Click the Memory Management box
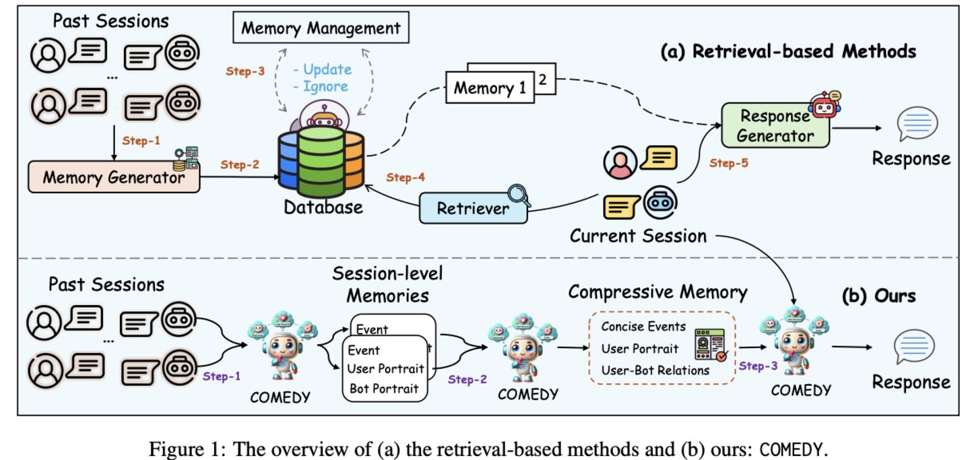pos(320,28)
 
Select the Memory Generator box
pos(114,178)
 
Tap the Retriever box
pos(473,208)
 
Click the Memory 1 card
pos(490,88)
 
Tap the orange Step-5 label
pos(729,162)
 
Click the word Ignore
pos(325,86)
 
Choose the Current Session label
pos(638,236)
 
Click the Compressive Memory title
pos(657,292)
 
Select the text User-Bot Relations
pos(655,370)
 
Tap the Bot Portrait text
pos(384,388)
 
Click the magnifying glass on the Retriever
pos(519,196)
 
